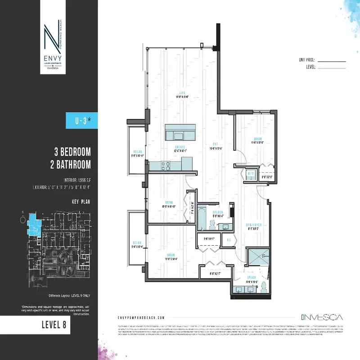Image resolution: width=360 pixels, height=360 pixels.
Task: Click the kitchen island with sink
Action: pyautogui.click(x=180, y=133)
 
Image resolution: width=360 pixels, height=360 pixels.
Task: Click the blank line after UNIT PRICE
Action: pyautogui.click(x=332, y=60)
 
